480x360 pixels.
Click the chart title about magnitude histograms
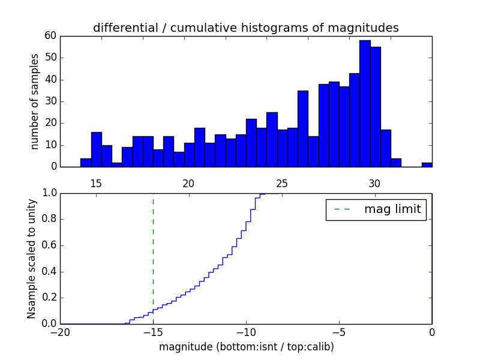(x=245, y=28)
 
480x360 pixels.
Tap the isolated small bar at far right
(x=427, y=164)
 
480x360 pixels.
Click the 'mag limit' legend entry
(x=376, y=209)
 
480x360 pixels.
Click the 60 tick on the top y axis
(x=50, y=36)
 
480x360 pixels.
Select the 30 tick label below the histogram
(x=374, y=184)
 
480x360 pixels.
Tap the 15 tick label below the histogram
(x=96, y=184)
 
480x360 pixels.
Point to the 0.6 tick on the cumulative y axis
(x=48, y=245)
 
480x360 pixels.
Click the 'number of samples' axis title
(x=35, y=101)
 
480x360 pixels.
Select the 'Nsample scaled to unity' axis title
(x=32, y=259)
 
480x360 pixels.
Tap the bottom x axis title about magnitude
(x=246, y=347)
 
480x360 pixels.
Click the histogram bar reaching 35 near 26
(x=303, y=128)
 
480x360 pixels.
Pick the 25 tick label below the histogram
(x=282, y=184)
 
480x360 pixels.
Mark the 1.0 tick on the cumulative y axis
(x=48, y=193)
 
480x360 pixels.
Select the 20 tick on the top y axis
(x=50, y=123)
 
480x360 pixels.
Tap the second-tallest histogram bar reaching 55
(x=375, y=107)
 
